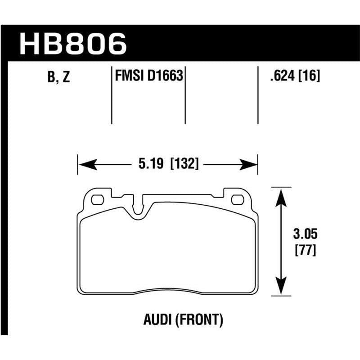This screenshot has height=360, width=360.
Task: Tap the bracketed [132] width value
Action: [x=184, y=164]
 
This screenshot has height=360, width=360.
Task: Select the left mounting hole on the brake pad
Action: [x=98, y=198]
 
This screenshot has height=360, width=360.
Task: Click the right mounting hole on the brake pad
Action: [x=237, y=198]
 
